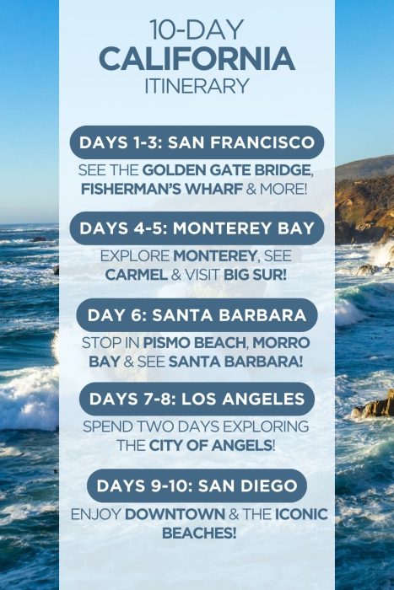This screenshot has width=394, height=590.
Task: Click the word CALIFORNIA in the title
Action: tap(197, 59)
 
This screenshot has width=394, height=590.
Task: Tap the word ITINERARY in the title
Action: tap(197, 85)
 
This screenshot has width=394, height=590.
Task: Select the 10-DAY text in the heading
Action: tap(197, 30)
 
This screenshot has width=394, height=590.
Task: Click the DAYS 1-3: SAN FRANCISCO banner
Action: tap(197, 142)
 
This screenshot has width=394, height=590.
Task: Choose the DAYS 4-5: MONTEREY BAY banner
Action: tap(197, 228)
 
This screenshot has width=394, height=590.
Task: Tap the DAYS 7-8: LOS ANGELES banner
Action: tap(197, 398)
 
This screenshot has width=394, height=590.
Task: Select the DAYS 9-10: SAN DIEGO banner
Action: tap(197, 485)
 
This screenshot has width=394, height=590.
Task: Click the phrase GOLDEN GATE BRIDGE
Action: tap(227, 170)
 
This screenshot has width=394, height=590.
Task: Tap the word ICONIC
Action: tap(300, 514)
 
